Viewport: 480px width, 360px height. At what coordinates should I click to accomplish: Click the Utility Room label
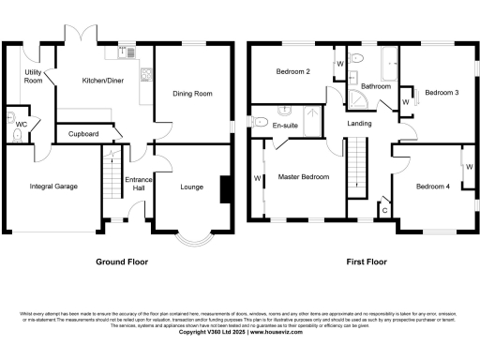tap(33, 77)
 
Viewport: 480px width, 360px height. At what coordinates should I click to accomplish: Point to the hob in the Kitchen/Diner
tap(145, 74)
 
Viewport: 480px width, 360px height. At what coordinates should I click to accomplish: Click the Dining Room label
tap(191, 94)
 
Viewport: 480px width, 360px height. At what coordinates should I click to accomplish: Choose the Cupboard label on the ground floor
tap(83, 134)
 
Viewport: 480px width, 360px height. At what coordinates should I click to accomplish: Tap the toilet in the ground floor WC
tap(17, 134)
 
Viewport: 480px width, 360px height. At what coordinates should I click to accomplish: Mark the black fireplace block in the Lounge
tap(222, 189)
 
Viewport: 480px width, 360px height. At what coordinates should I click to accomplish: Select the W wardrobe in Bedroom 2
tap(338, 65)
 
